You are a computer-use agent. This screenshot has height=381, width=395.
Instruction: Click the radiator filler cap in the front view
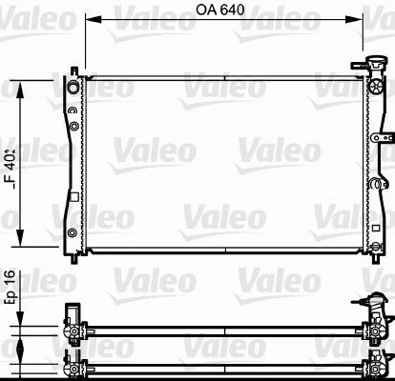[x=365, y=69]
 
